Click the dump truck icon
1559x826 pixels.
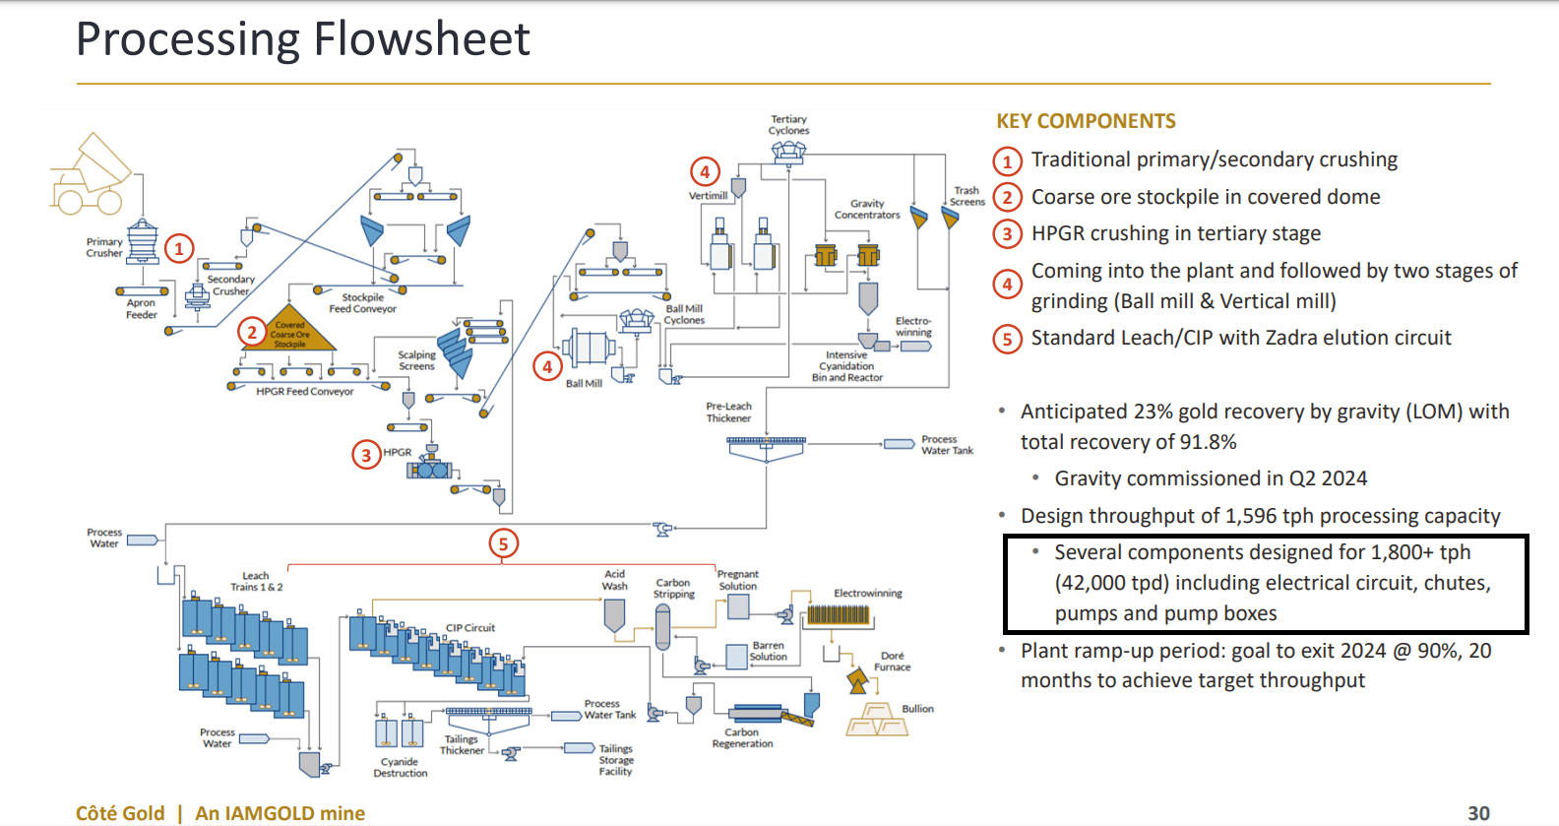(x=89, y=177)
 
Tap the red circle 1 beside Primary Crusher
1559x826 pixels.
(x=179, y=248)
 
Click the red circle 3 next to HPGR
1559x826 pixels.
(x=366, y=455)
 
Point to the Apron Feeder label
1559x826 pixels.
(x=141, y=309)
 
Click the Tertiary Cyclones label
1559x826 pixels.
(x=788, y=125)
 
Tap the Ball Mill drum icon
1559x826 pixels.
(x=589, y=349)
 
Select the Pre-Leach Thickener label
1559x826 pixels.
(x=728, y=413)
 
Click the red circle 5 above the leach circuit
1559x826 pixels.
(x=503, y=543)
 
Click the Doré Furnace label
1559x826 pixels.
(x=892, y=662)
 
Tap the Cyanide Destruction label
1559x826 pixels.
(x=400, y=768)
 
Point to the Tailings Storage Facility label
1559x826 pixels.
(x=616, y=760)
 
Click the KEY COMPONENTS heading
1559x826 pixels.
(x=1086, y=121)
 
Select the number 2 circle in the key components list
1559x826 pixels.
(x=1006, y=198)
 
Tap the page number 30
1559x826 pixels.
(x=1478, y=813)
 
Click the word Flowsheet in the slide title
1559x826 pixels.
(x=421, y=39)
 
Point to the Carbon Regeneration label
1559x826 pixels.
(x=742, y=738)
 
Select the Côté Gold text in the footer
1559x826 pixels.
(x=120, y=813)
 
